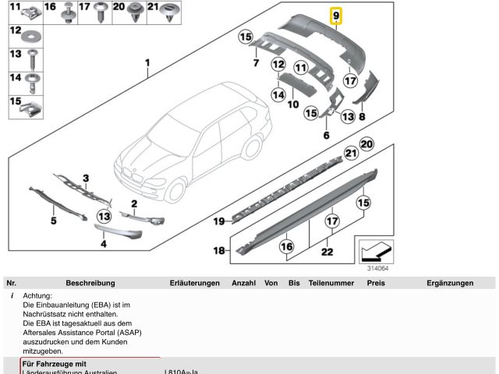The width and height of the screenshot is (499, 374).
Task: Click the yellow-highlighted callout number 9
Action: coord(336,16)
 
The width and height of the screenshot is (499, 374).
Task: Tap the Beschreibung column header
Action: coord(90,283)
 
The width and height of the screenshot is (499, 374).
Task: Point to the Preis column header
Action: coord(376,283)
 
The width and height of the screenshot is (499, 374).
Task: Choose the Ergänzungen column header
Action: coord(450,283)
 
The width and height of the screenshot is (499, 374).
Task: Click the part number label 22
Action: coord(327,251)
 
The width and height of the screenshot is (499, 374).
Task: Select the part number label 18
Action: coord(219,250)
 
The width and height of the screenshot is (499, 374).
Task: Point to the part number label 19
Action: coord(219,221)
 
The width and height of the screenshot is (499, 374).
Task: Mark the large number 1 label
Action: coord(146,62)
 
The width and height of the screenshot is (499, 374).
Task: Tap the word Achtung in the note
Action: coord(37,297)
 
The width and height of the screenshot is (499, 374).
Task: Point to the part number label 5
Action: coord(54,221)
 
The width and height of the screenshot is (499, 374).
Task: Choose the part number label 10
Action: coord(293,104)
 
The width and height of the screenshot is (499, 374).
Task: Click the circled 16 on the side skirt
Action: coord(286,246)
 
